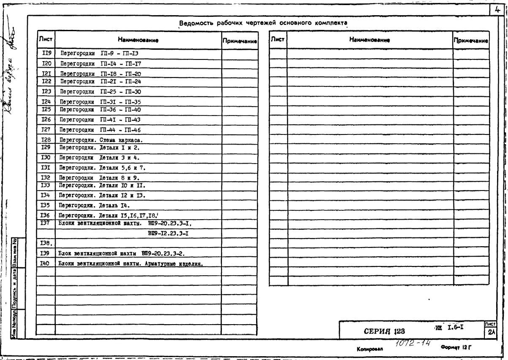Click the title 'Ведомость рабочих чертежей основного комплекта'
click(263, 23)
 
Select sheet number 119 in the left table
click(46, 53)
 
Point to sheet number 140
click(45, 263)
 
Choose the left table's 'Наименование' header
click(138, 40)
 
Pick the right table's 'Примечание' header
click(470, 41)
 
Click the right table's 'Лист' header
click(278, 40)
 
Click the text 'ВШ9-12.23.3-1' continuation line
click(168, 233)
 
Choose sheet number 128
click(46, 140)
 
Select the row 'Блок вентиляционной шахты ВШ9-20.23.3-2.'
click(122, 253)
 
